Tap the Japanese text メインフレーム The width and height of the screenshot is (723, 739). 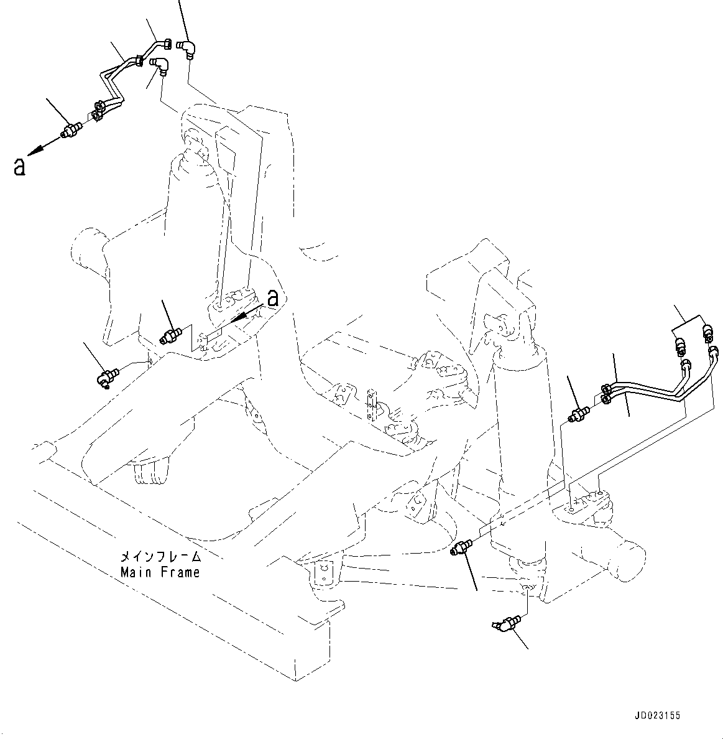160,556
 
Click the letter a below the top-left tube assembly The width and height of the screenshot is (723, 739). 20,166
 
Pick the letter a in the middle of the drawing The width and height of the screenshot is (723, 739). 272,297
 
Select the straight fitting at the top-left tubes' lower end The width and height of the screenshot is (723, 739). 70,131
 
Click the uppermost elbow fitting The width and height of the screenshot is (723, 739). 188,48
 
